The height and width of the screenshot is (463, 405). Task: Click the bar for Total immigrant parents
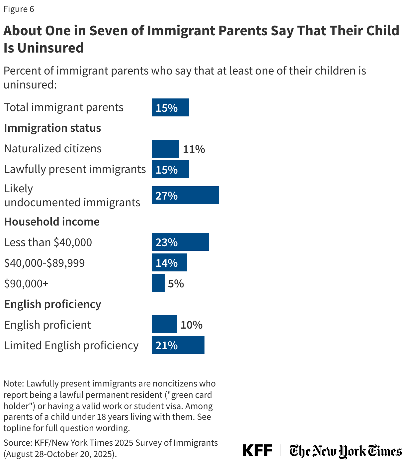(x=170, y=107)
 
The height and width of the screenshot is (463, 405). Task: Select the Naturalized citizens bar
(x=165, y=149)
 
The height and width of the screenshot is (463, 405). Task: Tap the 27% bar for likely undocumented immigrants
(x=185, y=195)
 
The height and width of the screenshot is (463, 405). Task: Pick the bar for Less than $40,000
(x=180, y=242)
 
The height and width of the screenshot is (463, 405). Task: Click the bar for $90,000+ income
(x=158, y=283)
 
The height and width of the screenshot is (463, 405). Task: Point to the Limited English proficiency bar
(x=178, y=345)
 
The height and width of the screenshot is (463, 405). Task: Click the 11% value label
(x=194, y=149)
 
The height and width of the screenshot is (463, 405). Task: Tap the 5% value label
(x=176, y=283)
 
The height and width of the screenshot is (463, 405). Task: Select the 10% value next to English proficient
(x=192, y=325)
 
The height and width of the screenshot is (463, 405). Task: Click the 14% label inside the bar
(x=167, y=263)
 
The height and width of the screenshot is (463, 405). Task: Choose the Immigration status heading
(x=52, y=128)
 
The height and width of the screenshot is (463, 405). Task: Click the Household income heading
(x=52, y=222)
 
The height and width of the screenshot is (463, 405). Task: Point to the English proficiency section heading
(x=52, y=304)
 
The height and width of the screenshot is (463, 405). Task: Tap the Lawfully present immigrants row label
(x=75, y=169)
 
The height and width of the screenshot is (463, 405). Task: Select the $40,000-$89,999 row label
(x=44, y=263)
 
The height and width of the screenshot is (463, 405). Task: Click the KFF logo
(x=257, y=451)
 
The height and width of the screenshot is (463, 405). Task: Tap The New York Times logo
(x=345, y=451)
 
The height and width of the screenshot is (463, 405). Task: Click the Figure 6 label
(x=19, y=9)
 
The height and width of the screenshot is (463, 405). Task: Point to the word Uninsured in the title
(x=50, y=48)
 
